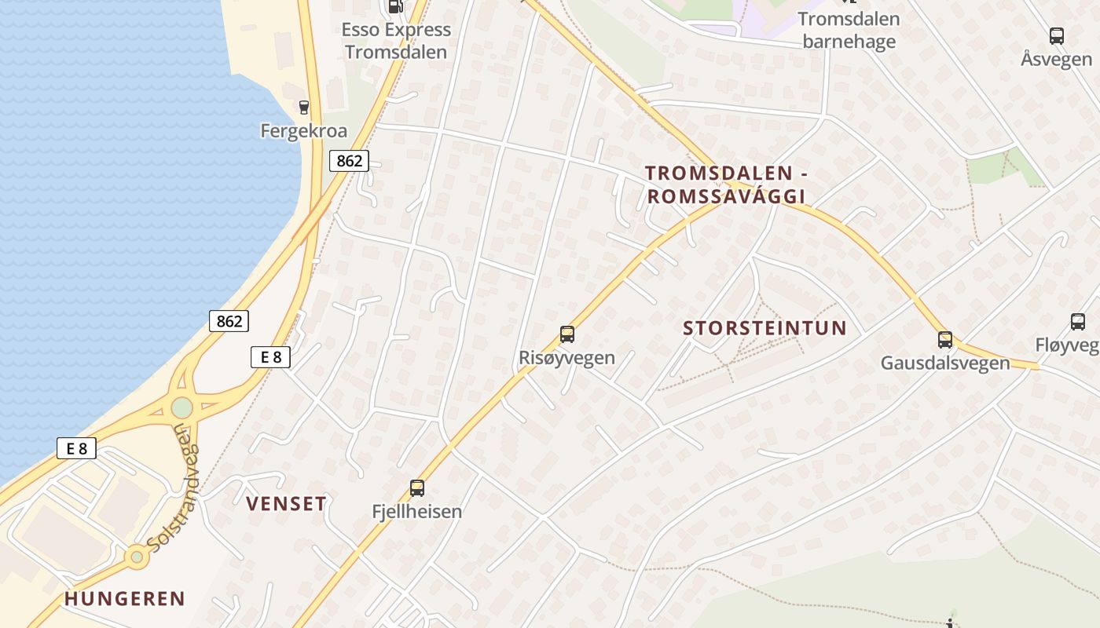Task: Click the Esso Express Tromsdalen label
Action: click(396, 41)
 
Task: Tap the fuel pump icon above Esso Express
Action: click(396, 6)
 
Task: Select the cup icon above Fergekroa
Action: click(304, 107)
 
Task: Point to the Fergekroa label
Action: click(304, 130)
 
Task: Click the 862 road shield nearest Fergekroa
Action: click(349, 161)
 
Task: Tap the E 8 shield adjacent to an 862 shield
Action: click(270, 357)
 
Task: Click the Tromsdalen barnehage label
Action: click(849, 30)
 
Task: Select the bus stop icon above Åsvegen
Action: click(1057, 35)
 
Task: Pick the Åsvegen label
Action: click(1057, 59)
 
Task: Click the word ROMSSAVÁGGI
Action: click(727, 196)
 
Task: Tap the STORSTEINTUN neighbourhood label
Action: click(764, 328)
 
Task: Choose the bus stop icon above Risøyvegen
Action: click(567, 334)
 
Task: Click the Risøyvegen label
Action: click(566, 358)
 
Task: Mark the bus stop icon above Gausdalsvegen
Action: click(945, 340)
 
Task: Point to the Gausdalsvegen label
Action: click(945, 363)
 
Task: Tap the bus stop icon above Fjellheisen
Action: click(417, 488)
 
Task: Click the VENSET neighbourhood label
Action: click(286, 504)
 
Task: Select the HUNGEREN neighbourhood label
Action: click(125, 599)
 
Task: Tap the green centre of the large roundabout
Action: click(181, 407)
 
